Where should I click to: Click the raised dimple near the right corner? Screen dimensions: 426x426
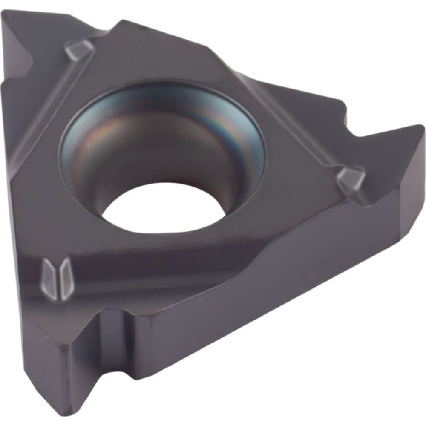[x=351, y=179]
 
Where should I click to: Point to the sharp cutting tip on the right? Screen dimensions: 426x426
[x=420, y=128]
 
